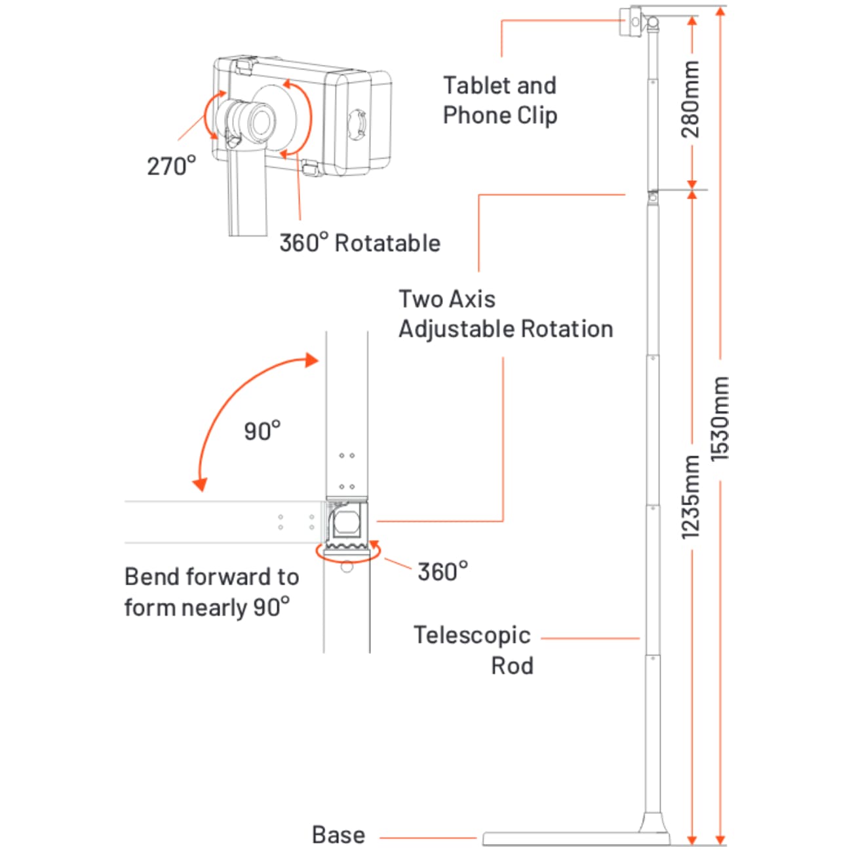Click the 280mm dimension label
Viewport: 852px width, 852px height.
pos(690,100)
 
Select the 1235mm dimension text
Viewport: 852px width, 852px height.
pos(690,497)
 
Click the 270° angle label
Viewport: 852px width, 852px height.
pos(171,166)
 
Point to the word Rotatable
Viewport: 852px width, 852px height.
pos(387,243)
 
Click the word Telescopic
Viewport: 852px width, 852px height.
pos(472,635)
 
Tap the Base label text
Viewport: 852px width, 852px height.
pos(338,835)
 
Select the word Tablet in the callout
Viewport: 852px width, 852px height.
pos(476,85)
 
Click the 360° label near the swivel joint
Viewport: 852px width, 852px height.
pos(442,571)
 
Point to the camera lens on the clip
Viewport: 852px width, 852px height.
pos(260,123)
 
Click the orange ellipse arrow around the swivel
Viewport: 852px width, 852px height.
pos(347,551)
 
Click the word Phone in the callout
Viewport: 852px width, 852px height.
pos(476,115)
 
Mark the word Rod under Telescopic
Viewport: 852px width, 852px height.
pos(512,666)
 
